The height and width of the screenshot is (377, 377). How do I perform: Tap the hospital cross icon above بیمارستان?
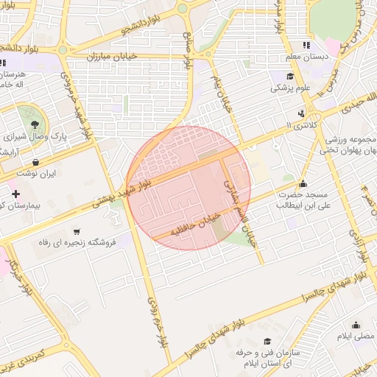pos(15,194)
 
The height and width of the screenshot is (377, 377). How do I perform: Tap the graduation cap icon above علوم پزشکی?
pos(290,76)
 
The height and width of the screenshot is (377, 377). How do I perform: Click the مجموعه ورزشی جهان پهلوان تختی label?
pos(348,144)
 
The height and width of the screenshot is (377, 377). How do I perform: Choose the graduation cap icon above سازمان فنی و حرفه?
pos(267,340)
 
